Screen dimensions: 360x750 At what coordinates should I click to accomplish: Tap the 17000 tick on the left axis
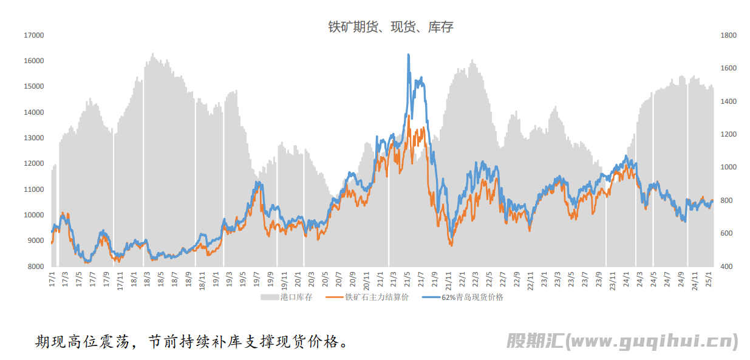coord(34,35)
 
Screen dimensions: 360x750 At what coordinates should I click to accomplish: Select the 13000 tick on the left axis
coord(34,138)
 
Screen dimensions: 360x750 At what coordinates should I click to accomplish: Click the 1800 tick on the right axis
coord(728,35)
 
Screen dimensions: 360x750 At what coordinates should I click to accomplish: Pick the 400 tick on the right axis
coord(726,267)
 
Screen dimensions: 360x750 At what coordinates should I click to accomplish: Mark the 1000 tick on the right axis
coord(728,168)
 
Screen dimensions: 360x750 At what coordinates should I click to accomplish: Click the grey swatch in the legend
coord(270,297)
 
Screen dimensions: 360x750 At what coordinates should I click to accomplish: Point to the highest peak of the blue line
coord(408,55)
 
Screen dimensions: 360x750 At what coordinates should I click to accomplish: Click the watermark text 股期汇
coord(534,341)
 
